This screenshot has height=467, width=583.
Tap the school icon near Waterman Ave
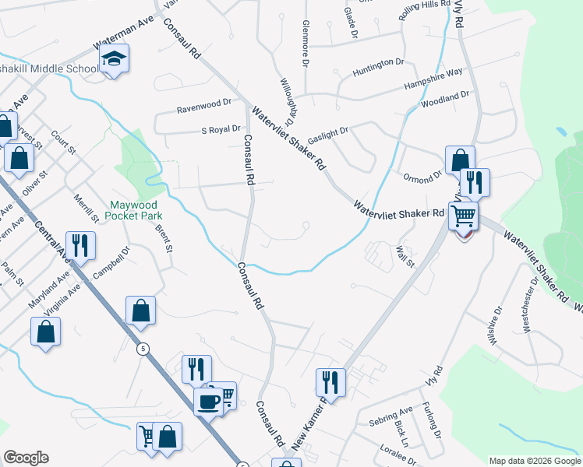pyautogui.click(x=114, y=60)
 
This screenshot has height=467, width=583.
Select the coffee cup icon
pyautogui.click(x=208, y=402)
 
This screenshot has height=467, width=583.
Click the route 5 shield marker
pyautogui.click(x=143, y=349)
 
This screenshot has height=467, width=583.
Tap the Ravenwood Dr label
pyautogui.click(x=204, y=102)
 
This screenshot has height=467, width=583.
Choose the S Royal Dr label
pyautogui.click(x=221, y=130)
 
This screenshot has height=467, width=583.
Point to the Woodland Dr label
pyautogui.click(x=445, y=99)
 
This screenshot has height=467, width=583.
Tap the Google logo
pyautogui.click(x=26, y=458)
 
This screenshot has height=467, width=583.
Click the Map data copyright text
pyautogui.click(x=534, y=461)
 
